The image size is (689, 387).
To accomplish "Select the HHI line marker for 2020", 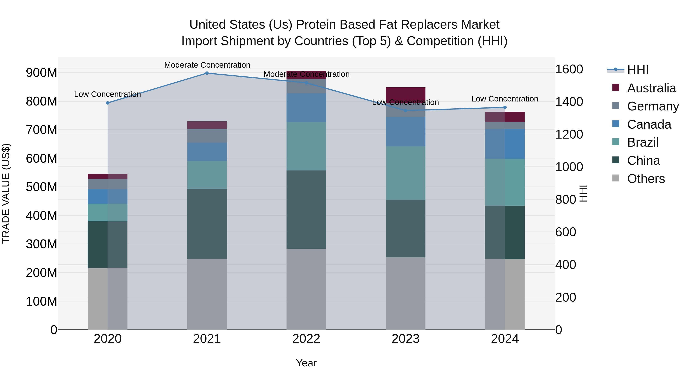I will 108,103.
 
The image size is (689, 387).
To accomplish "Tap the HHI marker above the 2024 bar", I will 505,107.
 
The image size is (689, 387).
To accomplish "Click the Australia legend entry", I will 651,88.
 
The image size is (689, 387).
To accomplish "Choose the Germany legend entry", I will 653,106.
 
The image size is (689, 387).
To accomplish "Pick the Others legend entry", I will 646,179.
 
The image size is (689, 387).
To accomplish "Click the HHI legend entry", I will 638,70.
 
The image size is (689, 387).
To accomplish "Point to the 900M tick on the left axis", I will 42,73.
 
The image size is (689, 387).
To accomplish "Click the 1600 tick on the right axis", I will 569,69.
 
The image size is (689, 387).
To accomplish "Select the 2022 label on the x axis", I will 306,339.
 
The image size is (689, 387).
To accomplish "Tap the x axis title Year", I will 306,363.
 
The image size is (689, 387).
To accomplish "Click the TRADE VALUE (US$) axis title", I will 6,193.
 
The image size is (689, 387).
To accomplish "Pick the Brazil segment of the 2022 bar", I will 306,146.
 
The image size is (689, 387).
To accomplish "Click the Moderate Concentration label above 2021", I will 207,65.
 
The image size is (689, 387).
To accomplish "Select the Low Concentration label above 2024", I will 505,99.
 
